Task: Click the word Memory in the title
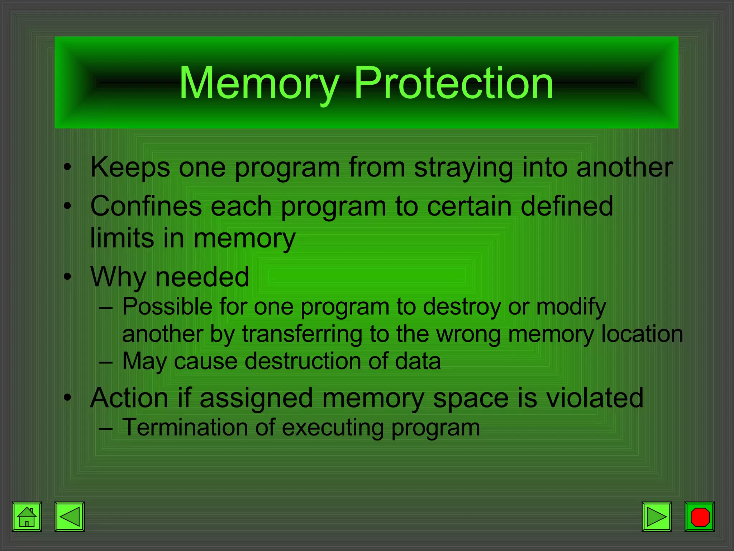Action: (259, 83)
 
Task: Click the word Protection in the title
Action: (454, 83)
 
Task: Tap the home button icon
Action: (27, 517)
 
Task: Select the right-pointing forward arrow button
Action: (657, 517)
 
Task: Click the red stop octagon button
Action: (700, 517)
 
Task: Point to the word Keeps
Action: (130, 167)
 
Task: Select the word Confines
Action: (146, 206)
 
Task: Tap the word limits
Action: (122, 238)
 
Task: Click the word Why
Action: (118, 277)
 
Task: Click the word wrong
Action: (468, 334)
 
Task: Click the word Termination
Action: (184, 427)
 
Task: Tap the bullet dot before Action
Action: (67, 398)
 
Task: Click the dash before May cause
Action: (106, 362)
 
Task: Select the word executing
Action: (333, 428)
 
